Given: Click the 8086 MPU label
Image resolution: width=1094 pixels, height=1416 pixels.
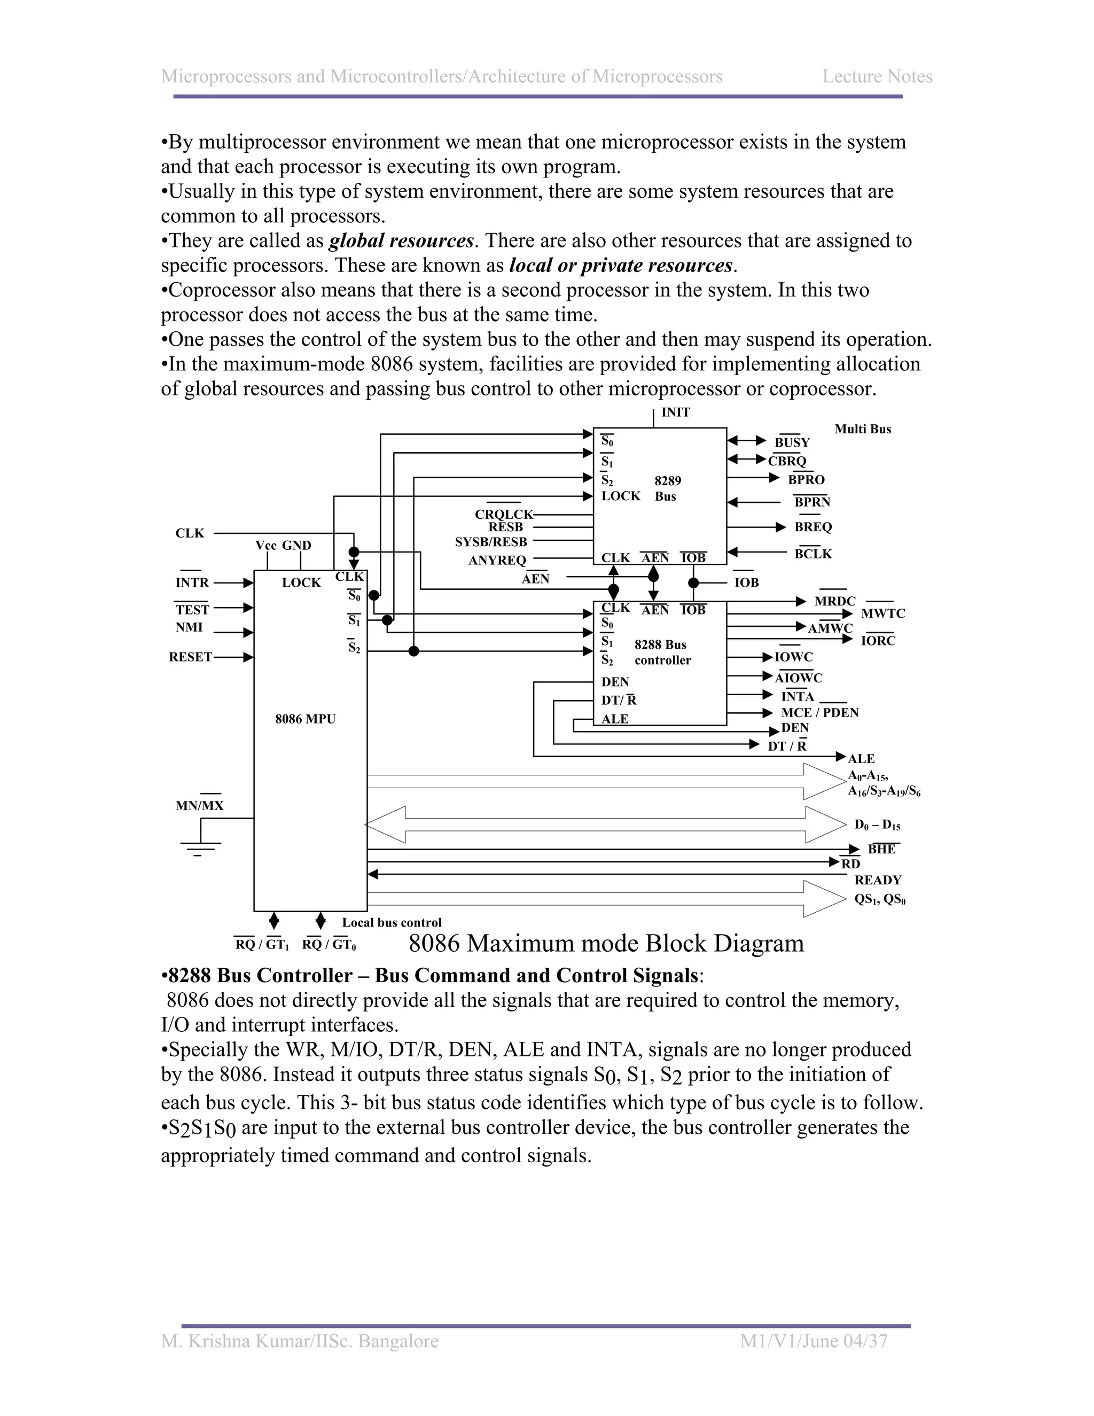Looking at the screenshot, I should [x=305, y=719].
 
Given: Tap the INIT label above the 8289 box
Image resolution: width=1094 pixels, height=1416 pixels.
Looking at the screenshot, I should [x=675, y=413].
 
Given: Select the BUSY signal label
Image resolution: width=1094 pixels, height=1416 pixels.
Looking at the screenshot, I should [x=792, y=443].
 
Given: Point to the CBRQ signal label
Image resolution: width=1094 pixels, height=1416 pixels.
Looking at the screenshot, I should [x=787, y=461].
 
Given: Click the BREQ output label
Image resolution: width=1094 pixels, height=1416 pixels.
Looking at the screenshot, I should [x=812, y=527].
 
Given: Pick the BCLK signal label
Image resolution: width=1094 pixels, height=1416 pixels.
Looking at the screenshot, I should [x=812, y=554].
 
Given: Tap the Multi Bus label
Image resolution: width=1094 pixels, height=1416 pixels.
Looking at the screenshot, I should [x=862, y=429].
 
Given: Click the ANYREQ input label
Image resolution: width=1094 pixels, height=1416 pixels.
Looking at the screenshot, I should [x=497, y=560].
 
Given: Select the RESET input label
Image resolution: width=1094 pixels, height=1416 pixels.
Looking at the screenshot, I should [x=191, y=657].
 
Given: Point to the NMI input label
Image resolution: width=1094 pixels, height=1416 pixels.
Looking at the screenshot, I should [x=189, y=628].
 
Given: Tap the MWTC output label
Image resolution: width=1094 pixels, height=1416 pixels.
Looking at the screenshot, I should [x=882, y=613].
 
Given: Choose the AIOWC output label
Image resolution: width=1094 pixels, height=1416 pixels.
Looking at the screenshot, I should [x=799, y=678].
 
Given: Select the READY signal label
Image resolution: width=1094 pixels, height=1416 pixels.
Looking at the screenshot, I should [x=878, y=881].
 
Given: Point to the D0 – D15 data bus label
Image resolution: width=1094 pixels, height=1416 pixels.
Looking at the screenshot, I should [x=877, y=826].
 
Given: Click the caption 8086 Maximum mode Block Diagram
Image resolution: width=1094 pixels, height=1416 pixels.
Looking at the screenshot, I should [x=606, y=943].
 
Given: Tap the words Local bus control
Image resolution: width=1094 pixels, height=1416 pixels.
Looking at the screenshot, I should [x=392, y=923].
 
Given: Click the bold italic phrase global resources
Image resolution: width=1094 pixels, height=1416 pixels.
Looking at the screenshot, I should [x=401, y=241].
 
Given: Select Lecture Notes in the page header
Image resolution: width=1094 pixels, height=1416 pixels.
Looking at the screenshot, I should [x=877, y=76].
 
